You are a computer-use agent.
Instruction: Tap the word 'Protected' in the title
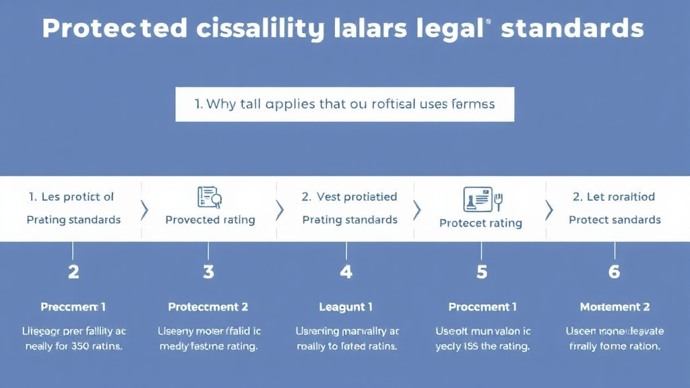[x=115, y=29]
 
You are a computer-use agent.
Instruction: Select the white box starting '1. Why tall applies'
[x=344, y=104]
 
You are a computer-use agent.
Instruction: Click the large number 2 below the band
[x=73, y=272]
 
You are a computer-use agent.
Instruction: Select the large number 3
[x=208, y=272]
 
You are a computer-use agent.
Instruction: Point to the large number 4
[x=346, y=272]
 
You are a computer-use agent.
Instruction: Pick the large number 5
[x=482, y=272]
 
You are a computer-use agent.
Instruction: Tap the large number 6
[x=614, y=272]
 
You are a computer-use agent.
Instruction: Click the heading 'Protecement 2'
[x=208, y=307]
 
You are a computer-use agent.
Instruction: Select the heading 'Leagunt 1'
[x=346, y=307]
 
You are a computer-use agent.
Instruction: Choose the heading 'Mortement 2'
[x=615, y=307]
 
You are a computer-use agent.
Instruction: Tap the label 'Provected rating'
[x=210, y=220]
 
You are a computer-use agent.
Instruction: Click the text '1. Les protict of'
[x=71, y=197]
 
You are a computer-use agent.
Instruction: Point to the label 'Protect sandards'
[x=615, y=220]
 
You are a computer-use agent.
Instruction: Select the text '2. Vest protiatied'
[x=349, y=197]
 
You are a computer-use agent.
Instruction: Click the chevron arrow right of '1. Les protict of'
[x=144, y=210]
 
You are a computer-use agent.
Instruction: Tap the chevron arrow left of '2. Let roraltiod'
[x=548, y=210]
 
